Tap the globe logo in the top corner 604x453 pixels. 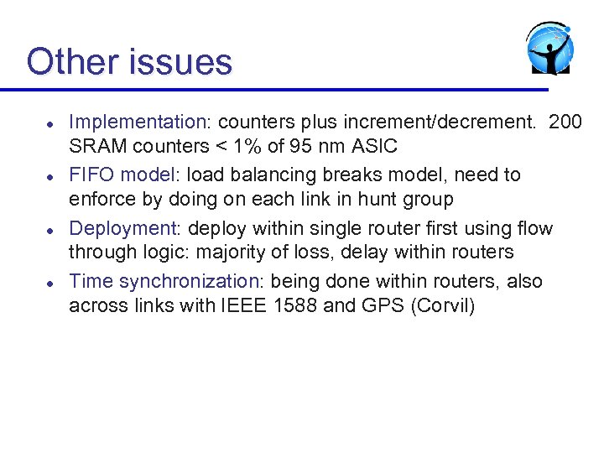[549, 48]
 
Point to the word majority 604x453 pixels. [231, 253]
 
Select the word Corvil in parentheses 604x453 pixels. [443, 305]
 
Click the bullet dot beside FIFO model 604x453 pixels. [49, 177]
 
